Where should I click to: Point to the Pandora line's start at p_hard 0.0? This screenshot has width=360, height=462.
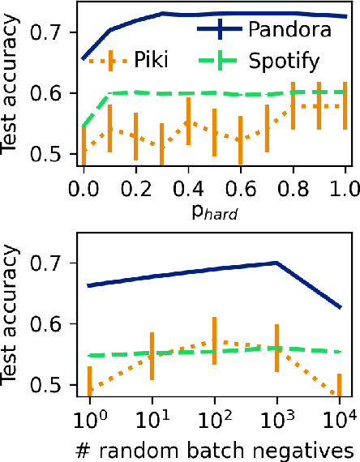pos(84,58)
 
